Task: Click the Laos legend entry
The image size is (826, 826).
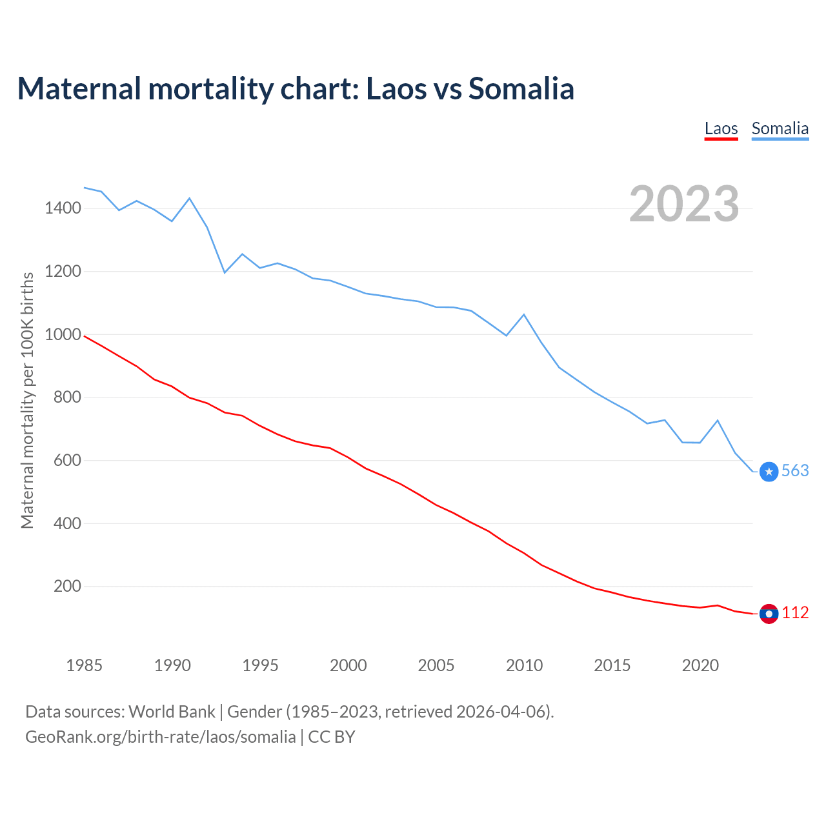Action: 721,128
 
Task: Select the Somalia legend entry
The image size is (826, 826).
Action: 780,128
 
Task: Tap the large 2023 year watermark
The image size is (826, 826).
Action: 684,204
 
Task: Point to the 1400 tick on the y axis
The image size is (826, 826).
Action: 63,208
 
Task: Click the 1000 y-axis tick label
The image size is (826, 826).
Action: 63,334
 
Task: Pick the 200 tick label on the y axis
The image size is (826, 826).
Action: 67,587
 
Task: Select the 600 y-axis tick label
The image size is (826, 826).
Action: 67,460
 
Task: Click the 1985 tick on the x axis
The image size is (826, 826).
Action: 85,665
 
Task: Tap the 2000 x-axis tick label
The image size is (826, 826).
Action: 348,665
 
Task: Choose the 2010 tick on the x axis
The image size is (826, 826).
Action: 524,665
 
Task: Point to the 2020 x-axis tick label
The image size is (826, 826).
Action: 700,665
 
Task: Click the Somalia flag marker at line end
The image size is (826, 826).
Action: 769,472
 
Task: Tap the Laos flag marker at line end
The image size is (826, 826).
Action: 769,614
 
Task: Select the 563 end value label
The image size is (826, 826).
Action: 795,471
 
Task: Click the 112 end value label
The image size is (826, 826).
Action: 795,613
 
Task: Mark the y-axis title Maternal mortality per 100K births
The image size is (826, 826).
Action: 27,400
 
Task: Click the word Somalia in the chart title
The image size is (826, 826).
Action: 521,88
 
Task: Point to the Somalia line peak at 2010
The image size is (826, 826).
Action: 524,315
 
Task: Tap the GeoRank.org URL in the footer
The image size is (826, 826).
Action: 160,736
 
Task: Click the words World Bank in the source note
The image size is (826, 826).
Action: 172,712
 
